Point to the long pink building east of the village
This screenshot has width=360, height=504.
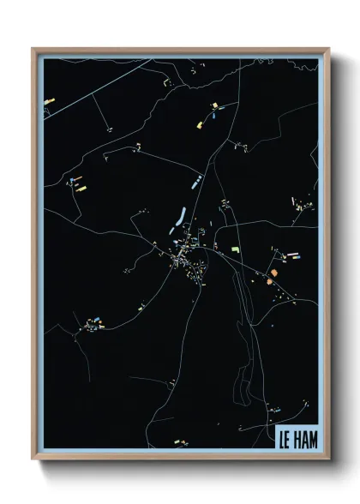(x=291, y=255)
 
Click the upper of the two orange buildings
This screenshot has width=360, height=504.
(x=274, y=273)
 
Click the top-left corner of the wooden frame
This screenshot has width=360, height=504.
(x=33, y=48)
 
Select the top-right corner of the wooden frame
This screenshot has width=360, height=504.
(x=328, y=48)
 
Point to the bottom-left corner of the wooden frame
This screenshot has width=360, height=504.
(x=33, y=460)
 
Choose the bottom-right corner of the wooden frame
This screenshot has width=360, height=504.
(x=328, y=460)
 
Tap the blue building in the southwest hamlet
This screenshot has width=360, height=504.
(x=99, y=324)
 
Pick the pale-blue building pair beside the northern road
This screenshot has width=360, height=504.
(x=197, y=180)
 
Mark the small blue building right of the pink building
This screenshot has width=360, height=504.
(x=299, y=255)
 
